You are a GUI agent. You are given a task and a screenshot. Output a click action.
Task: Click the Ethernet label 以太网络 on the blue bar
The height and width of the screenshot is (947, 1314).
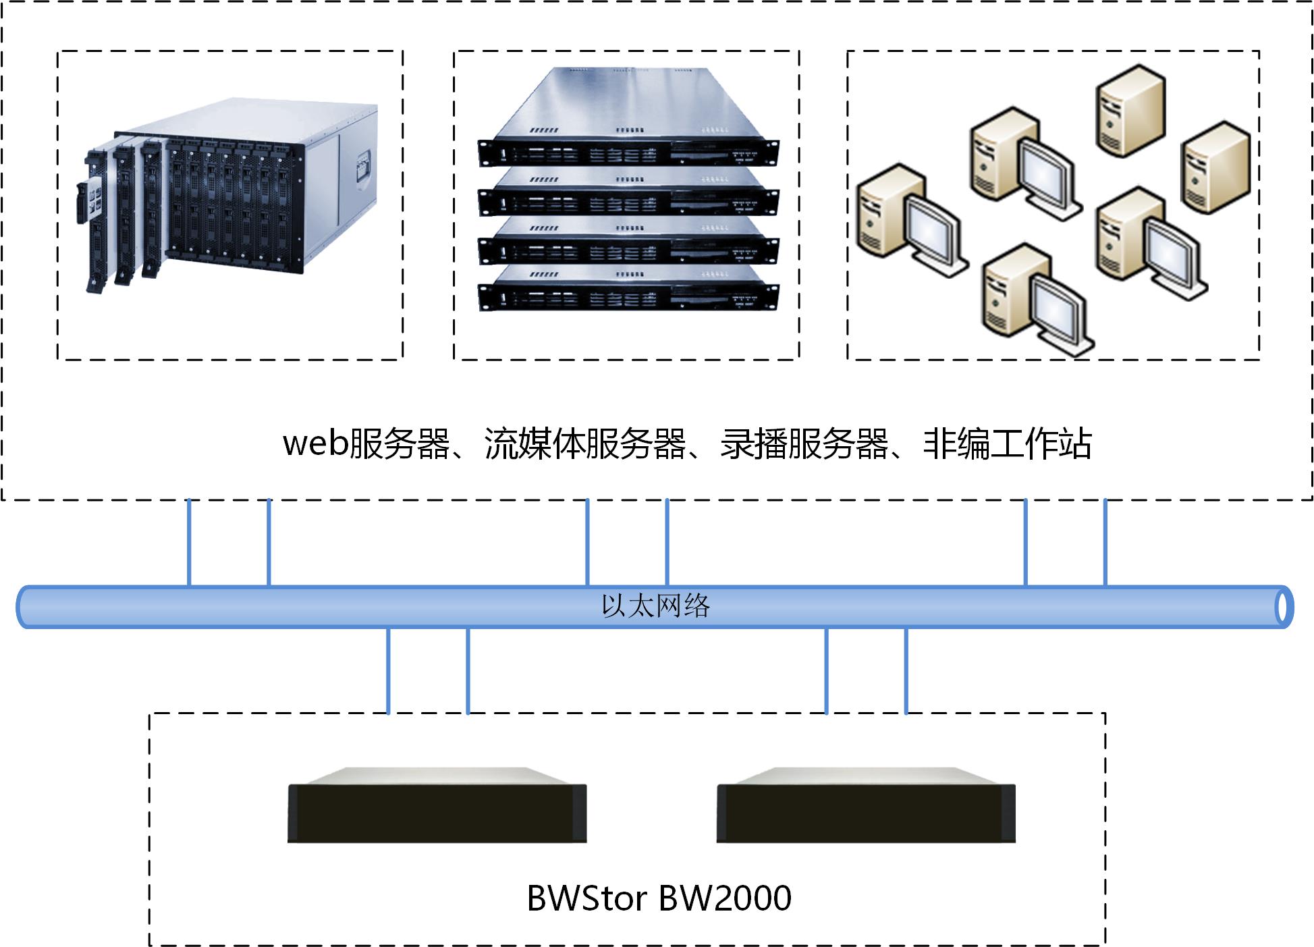point(655,606)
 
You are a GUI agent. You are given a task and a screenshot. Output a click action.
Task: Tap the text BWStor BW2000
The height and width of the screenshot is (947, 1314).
point(659,898)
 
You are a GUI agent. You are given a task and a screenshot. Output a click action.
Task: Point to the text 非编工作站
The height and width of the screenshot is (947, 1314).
point(1007,444)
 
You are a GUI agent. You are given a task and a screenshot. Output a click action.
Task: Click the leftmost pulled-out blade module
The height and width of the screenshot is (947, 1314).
point(94,216)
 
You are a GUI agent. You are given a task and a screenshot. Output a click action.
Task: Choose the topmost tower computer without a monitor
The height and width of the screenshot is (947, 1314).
point(1130,111)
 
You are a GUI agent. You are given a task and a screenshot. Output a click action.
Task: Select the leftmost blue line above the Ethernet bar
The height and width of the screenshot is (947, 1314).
point(189,542)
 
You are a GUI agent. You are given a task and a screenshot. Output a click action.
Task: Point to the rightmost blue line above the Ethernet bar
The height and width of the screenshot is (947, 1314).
point(1105,542)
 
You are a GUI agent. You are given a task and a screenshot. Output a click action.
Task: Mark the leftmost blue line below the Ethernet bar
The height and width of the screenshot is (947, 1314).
point(388,670)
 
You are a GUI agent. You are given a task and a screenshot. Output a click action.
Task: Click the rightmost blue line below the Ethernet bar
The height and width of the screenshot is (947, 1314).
point(906,670)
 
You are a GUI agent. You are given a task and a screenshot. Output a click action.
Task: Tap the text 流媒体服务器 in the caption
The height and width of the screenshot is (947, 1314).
point(584,444)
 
